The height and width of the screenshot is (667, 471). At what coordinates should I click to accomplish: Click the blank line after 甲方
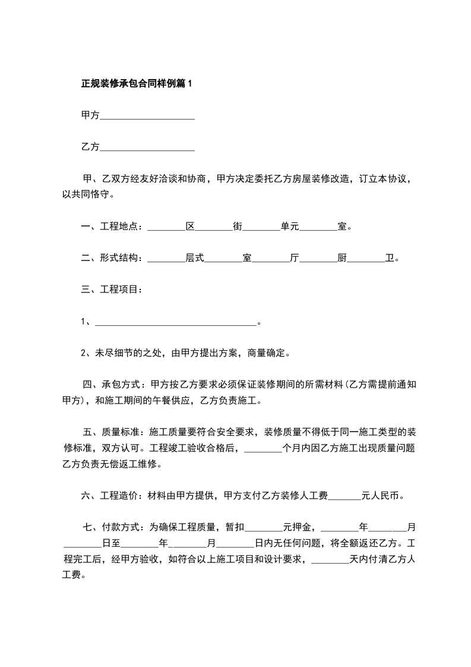[147, 116]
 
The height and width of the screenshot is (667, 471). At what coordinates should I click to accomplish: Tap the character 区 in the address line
[190, 226]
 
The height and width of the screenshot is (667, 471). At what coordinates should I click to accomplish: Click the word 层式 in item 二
[195, 258]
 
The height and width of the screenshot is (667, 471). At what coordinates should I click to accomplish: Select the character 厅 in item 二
[295, 258]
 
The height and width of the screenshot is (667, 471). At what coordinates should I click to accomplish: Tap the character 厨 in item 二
[342, 258]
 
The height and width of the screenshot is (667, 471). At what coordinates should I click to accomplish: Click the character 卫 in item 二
[390, 258]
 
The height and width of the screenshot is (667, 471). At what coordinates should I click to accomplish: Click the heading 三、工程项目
[111, 290]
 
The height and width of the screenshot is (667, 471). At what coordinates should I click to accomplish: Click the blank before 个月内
[263, 448]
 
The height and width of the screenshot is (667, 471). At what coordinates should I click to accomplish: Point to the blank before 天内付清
[330, 559]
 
